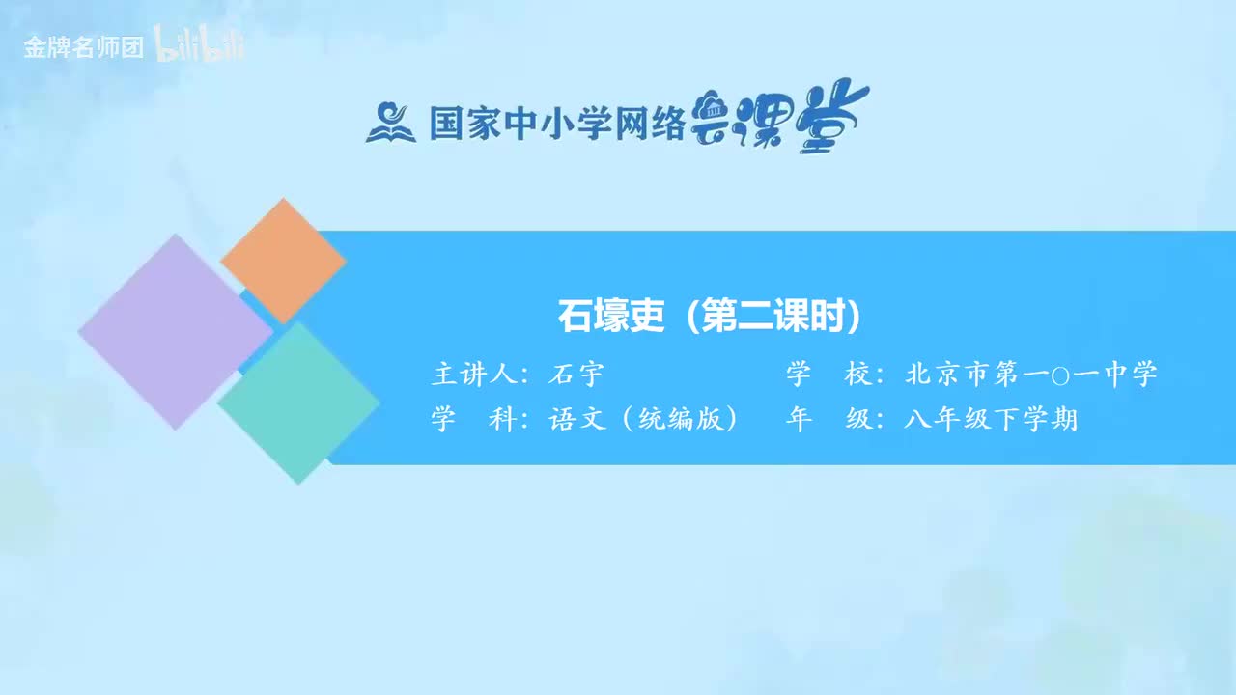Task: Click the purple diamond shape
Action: tap(175, 331)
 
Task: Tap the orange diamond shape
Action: tap(283, 261)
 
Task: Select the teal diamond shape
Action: tap(298, 403)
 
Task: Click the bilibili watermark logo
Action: tap(200, 47)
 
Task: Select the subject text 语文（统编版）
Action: tap(643, 420)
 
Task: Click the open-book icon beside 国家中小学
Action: tap(390, 123)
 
